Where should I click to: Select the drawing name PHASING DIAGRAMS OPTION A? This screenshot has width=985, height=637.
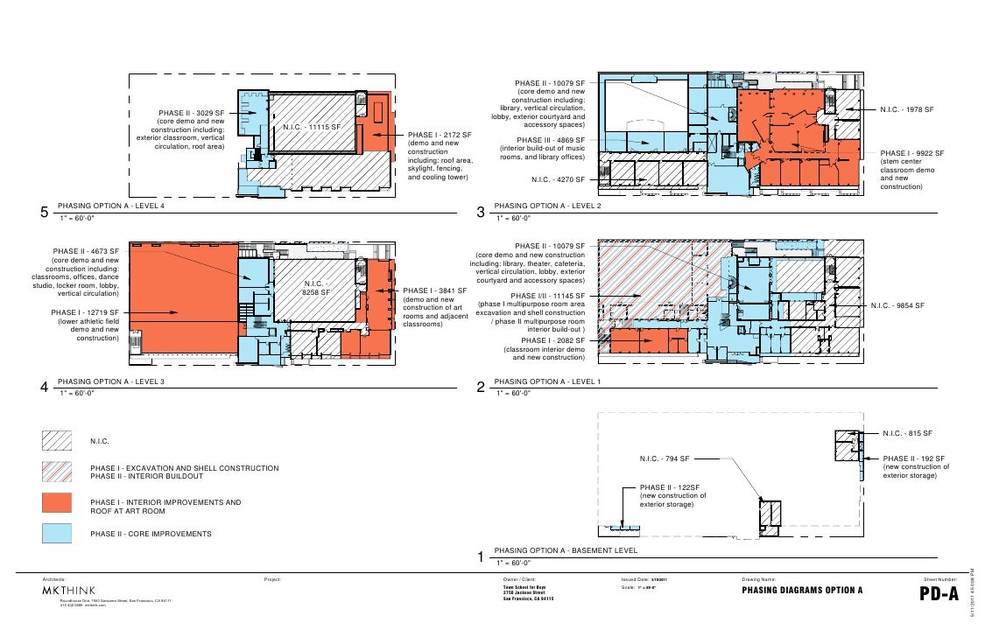(802, 590)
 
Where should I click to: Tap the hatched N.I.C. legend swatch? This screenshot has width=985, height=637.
(59, 440)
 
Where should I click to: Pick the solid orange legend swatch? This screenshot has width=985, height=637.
(59, 502)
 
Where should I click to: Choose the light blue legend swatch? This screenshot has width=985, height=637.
(59, 533)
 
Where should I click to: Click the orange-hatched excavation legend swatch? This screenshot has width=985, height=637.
(59, 472)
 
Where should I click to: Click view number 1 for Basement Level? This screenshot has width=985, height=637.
(480, 557)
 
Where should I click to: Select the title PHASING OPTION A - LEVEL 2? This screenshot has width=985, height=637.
(547, 206)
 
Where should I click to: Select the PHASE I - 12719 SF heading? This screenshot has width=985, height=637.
(84, 311)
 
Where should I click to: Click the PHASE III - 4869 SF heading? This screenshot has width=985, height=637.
(551, 139)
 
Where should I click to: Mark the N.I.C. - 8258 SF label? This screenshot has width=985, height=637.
(316, 288)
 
